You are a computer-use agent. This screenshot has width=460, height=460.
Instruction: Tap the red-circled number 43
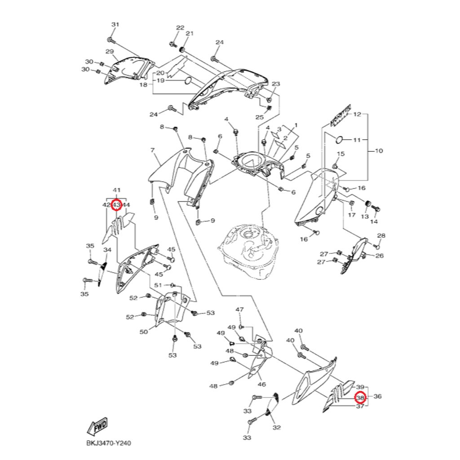click(x=116, y=205)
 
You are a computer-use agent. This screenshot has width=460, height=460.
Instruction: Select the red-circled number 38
click(x=360, y=398)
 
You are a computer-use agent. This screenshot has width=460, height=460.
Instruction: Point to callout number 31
click(x=115, y=24)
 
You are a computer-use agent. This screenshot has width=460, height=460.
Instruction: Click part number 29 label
click(x=110, y=52)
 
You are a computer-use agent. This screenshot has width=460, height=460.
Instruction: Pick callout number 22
click(x=180, y=28)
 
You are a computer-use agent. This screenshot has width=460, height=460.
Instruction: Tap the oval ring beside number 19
click(x=188, y=80)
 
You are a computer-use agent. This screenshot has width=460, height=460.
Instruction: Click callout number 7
click(x=152, y=150)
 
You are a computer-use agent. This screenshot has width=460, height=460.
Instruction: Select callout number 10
click(x=379, y=151)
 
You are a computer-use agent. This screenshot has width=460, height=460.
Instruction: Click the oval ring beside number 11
click(x=340, y=140)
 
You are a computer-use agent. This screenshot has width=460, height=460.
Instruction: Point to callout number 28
click(x=381, y=236)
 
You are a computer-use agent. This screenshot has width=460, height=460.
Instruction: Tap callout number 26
click(x=380, y=256)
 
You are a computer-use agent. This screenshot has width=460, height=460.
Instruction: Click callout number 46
click(x=261, y=385)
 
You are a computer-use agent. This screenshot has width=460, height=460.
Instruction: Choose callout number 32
click(x=277, y=428)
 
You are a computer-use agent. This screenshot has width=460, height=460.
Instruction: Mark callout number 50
click(x=144, y=332)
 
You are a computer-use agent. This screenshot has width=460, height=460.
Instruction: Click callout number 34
click(x=107, y=250)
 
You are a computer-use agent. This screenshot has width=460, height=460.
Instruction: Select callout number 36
click(x=377, y=397)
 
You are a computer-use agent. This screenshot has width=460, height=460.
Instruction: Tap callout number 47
click(x=240, y=310)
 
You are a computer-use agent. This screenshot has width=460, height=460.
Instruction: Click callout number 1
click(x=296, y=125)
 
